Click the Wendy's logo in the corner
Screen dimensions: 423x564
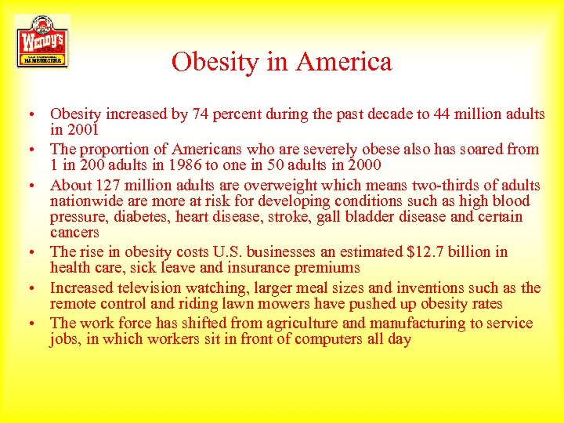(42, 42)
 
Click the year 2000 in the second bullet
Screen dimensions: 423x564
(364, 164)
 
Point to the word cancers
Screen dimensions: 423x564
(74, 233)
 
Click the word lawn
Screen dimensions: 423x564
(234, 303)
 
